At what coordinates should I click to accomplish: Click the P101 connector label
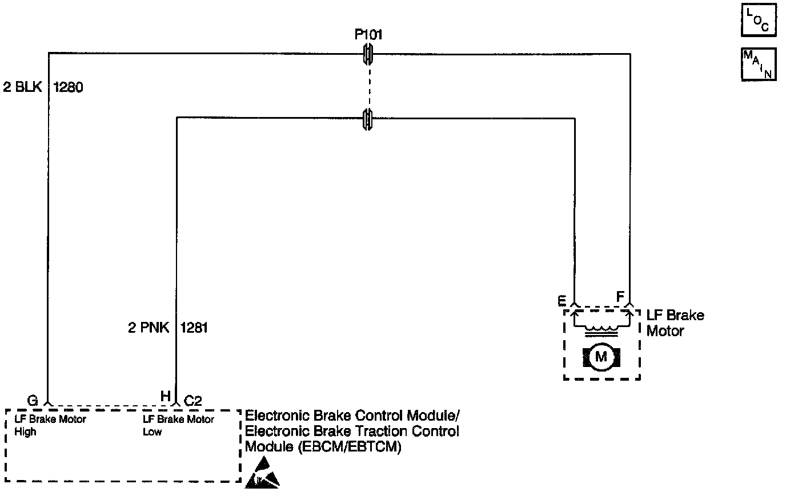pos(368,35)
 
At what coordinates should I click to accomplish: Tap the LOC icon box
pos(758,21)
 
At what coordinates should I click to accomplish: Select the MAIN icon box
pos(758,64)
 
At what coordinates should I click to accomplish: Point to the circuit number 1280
pos(69,88)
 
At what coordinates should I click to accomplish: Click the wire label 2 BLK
pos(22,88)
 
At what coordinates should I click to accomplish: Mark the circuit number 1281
pos(194,328)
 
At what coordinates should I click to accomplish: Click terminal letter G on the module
pos(33,401)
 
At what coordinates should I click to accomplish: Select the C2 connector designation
pos(193,401)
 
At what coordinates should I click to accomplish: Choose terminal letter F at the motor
pos(620,297)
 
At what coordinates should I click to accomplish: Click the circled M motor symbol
pos(601,357)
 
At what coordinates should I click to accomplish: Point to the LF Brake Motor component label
pos(675,323)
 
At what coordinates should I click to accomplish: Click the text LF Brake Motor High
pos(50,425)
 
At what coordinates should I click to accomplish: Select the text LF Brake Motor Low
pos(178,425)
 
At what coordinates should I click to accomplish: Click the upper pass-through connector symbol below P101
pos(368,54)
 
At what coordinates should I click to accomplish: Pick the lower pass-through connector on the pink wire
pos(368,118)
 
